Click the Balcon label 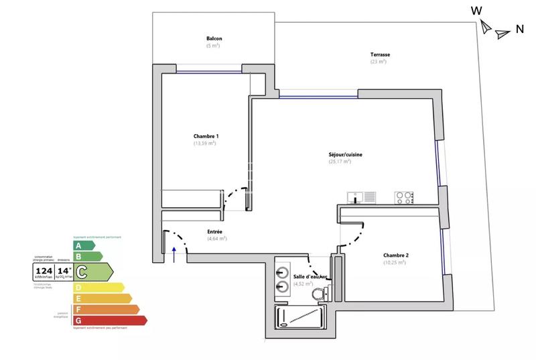pyautogui.click(x=214, y=38)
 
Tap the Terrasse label pyautogui.click(x=380, y=54)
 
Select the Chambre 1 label pyautogui.click(x=206, y=136)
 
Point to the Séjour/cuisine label pyautogui.click(x=345, y=154)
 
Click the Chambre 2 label pyautogui.click(x=395, y=255)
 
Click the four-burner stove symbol pyautogui.click(x=404, y=197)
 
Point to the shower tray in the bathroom pyautogui.click(x=299, y=316)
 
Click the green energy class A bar pyautogui.click(x=83, y=245)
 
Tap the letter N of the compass pyautogui.click(x=519, y=29)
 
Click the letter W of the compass pyautogui.click(x=476, y=10)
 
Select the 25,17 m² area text pyautogui.click(x=340, y=162)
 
